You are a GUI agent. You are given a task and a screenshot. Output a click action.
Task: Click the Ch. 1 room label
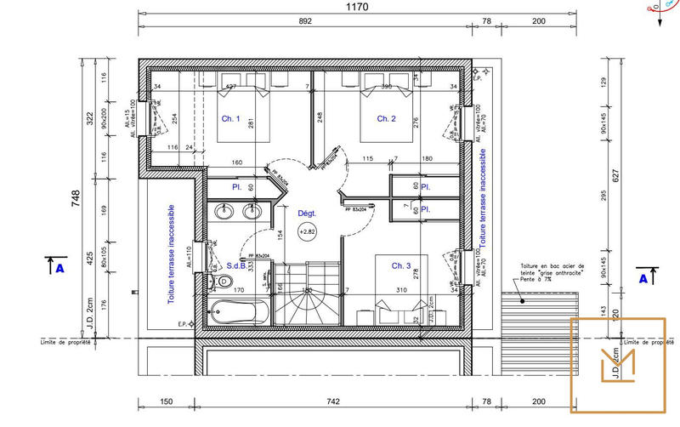pyautogui.click(x=231, y=118)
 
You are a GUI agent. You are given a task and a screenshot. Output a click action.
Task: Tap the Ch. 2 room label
pyautogui.click(x=387, y=118)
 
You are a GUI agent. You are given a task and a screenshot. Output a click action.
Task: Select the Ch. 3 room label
pyautogui.click(x=401, y=266)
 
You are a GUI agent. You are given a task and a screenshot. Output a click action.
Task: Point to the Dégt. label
pyautogui.click(x=307, y=213)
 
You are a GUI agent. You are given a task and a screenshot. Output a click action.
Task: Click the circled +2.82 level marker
pyautogui.click(x=307, y=231)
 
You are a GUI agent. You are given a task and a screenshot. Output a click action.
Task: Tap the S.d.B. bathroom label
pyautogui.click(x=236, y=266)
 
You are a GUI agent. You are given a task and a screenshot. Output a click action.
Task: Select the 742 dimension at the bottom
pyautogui.click(x=332, y=401)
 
